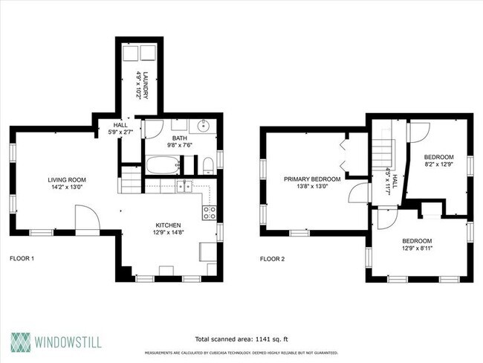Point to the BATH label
180,138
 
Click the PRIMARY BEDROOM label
312,179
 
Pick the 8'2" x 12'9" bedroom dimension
438,165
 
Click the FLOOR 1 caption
22,259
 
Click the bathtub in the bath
162,165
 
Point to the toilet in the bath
209,164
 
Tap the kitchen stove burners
210,213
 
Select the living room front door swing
87,222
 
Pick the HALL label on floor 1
120,125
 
